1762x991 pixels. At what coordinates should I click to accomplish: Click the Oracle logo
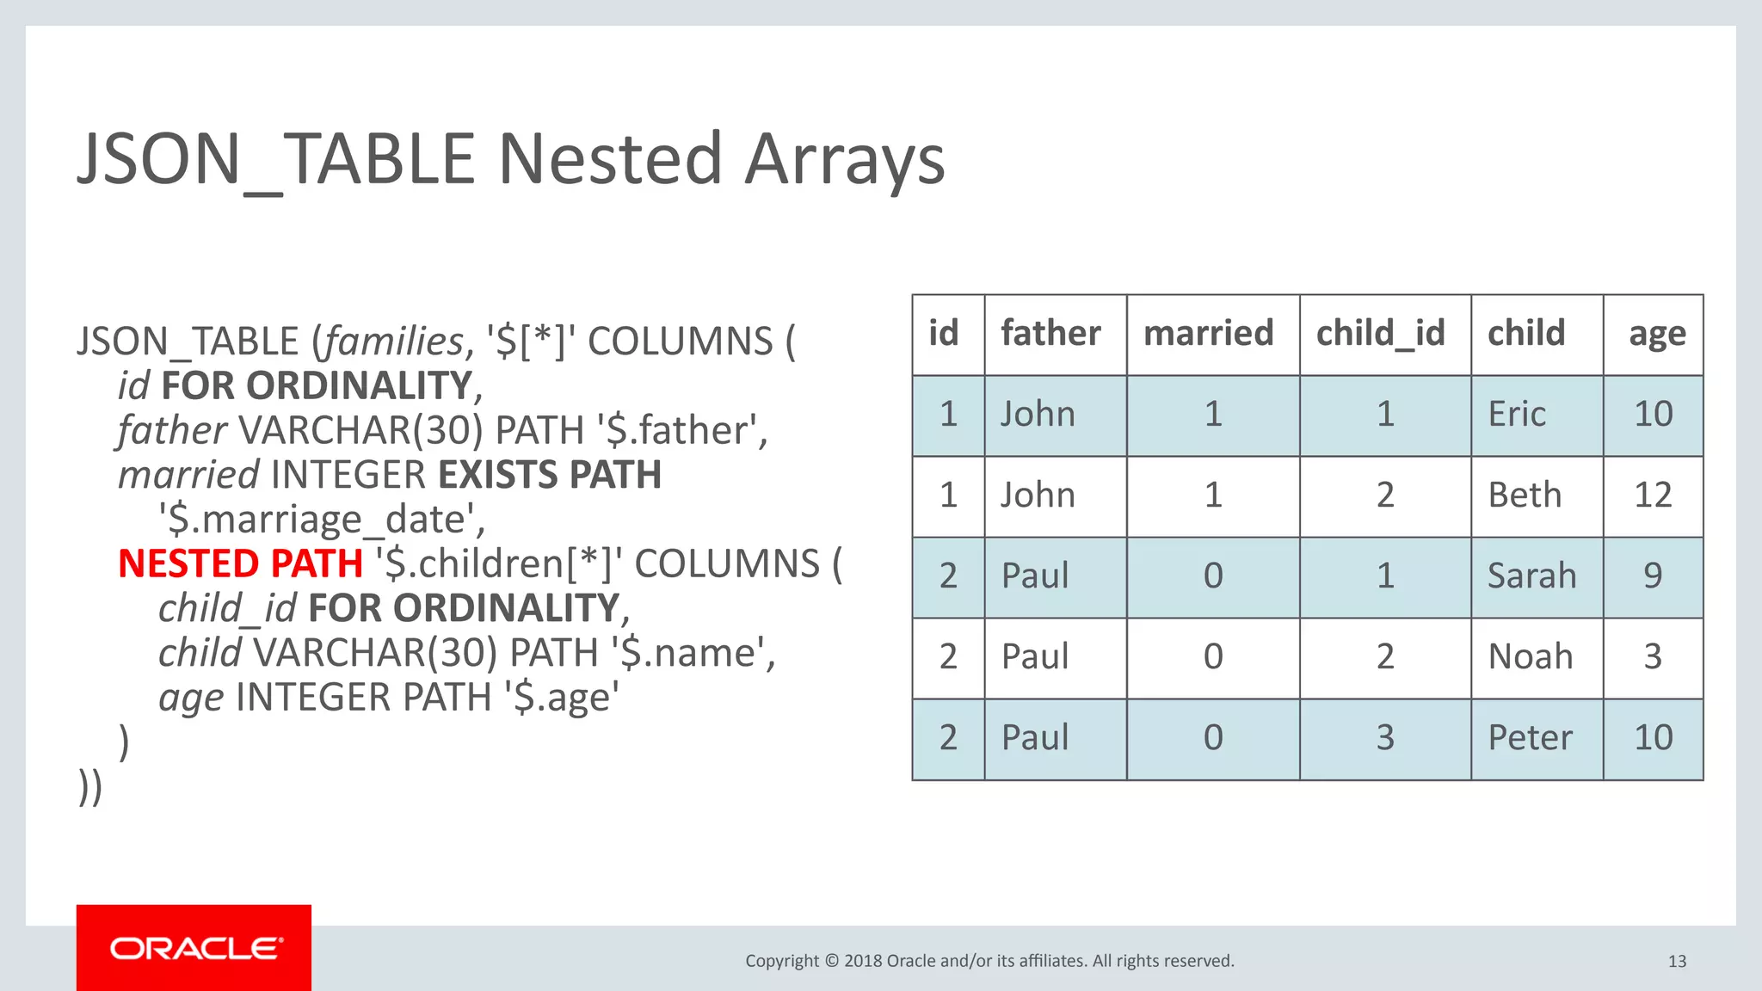[x=194, y=948]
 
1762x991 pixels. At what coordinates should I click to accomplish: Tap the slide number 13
[x=1677, y=961]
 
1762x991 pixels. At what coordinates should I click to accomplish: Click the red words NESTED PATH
[x=240, y=563]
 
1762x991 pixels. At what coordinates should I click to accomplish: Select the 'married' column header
[x=1208, y=334]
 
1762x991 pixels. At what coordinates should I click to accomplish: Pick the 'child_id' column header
[x=1380, y=334]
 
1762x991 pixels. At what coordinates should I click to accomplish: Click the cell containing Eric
[x=1517, y=415]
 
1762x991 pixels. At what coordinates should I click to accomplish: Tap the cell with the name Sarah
[x=1531, y=576]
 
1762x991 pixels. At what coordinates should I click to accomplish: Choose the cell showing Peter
[x=1530, y=737]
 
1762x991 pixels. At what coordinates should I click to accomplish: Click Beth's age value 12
[x=1652, y=495]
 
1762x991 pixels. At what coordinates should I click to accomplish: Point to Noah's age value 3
[x=1652, y=656]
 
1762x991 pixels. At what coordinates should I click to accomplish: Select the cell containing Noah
[x=1530, y=656]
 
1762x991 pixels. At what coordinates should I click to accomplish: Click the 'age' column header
[x=1656, y=334]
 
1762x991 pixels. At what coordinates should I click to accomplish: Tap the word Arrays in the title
[x=844, y=160]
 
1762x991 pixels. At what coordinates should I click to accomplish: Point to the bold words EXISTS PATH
[x=550, y=475]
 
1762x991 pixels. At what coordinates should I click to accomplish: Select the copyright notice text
[x=989, y=961]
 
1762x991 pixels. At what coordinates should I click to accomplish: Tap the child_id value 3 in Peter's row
[x=1384, y=737]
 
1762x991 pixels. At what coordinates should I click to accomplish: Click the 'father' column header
[x=1050, y=334]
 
